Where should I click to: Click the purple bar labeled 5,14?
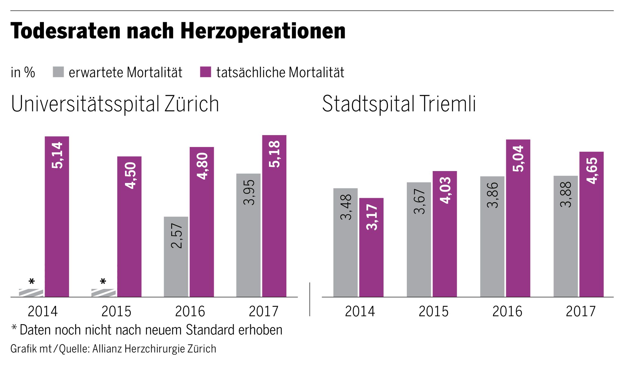point(57,216)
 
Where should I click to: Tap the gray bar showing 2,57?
point(176,256)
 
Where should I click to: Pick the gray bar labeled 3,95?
point(248,235)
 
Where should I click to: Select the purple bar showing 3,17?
point(371,247)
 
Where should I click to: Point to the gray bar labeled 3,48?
point(346,242)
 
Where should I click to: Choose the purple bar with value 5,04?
point(518,218)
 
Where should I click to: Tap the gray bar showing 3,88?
point(565,236)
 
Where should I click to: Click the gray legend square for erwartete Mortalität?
point(58,72)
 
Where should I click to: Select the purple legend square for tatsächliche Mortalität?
point(206,72)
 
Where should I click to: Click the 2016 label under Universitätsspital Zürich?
point(190,311)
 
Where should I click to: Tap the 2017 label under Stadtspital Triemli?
point(581,311)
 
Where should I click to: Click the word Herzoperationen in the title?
point(263,31)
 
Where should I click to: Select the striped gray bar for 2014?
point(31,293)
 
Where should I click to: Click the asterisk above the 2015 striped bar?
point(103,281)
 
